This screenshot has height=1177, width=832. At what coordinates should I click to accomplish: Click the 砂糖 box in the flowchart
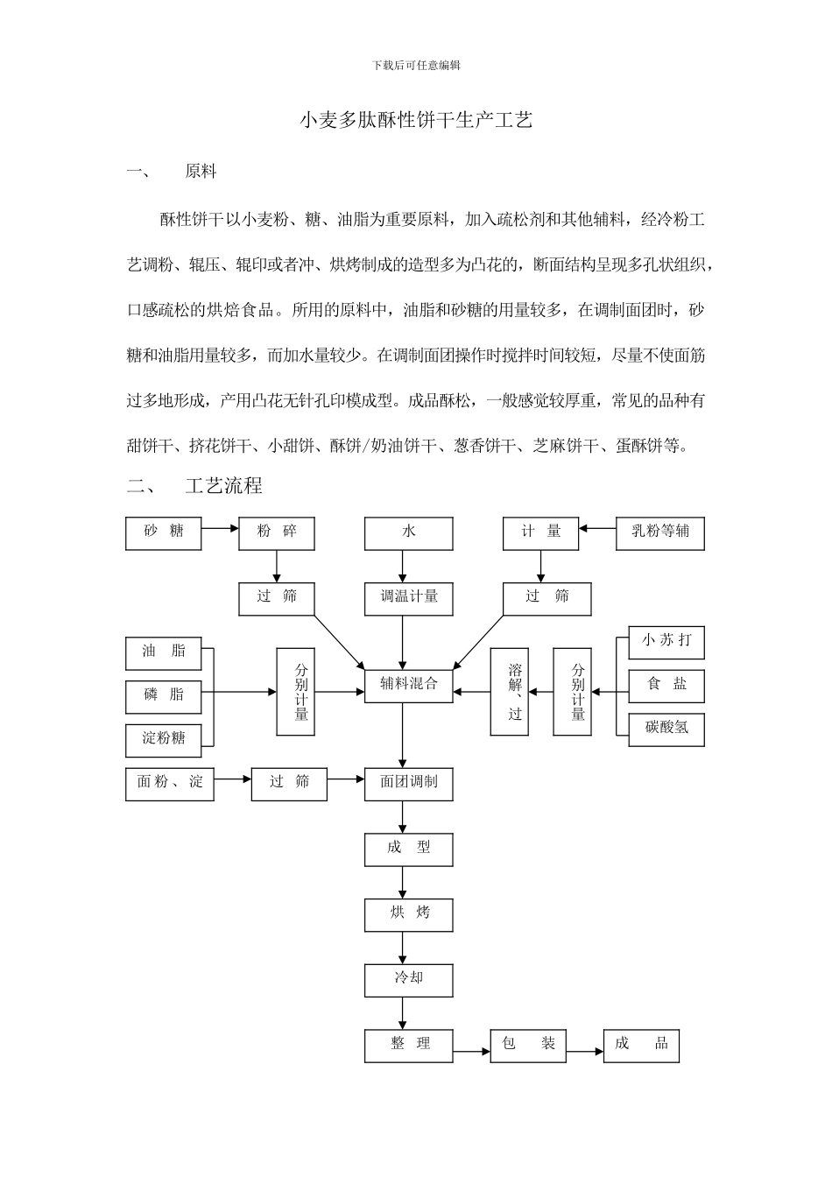pyautogui.click(x=163, y=532)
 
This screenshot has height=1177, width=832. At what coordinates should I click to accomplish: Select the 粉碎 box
pyautogui.click(x=277, y=532)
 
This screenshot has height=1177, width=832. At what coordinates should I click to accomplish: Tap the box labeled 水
pyautogui.click(x=409, y=532)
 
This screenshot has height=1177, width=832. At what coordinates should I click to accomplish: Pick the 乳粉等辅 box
pyautogui.click(x=666, y=532)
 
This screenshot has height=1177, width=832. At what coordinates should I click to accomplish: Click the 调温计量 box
pyautogui.click(x=409, y=598)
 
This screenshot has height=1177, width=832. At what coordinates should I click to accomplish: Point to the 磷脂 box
pyautogui.click(x=163, y=696)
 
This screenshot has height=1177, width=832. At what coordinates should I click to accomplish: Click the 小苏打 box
pyautogui.click(x=666, y=642)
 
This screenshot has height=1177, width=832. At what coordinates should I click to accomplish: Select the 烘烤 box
pyautogui.click(x=409, y=914)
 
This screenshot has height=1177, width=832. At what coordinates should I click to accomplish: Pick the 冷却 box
pyautogui.click(x=409, y=979)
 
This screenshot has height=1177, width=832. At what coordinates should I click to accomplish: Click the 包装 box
pyautogui.click(x=528, y=1045)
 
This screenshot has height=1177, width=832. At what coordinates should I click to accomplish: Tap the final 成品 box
pyautogui.click(x=641, y=1045)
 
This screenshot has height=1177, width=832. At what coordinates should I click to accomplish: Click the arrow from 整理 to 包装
pyautogui.click(x=471, y=1050)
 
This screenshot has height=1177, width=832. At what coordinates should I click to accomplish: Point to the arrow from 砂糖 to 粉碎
pyautogui.click(x=220, y=528)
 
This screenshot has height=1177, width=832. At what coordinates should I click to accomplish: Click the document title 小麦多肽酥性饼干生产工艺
pyautogui.click(x=416, y=120)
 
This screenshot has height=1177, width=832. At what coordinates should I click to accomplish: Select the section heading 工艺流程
pyautogui.click(x=223, y=484)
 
